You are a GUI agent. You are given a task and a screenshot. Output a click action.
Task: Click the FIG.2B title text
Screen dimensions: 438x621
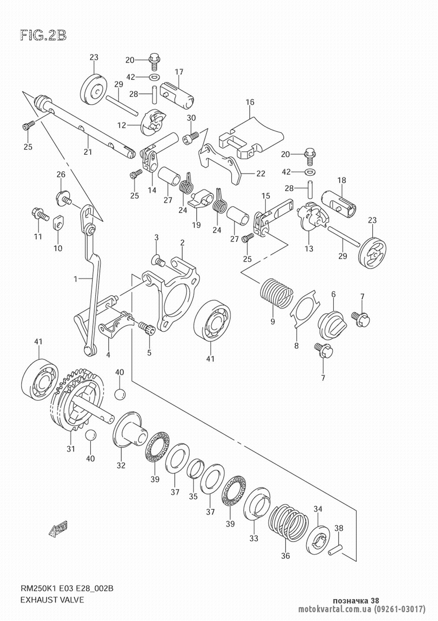coord(43,35)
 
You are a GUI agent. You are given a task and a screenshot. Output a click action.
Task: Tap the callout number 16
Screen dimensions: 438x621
coord(250,102)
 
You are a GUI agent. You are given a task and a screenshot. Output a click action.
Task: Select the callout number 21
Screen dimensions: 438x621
coord(88,152)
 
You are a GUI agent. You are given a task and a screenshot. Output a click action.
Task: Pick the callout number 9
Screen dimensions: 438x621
coord(272,322)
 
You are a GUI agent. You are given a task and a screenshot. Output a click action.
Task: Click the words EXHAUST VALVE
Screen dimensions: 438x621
coord(52,600)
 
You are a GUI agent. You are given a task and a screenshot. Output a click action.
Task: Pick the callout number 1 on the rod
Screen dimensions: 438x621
coord(75,279)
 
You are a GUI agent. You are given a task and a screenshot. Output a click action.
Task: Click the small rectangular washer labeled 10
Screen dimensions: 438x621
coord(57,222)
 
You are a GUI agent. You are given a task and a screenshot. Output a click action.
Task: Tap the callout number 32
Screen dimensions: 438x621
coord(121,465)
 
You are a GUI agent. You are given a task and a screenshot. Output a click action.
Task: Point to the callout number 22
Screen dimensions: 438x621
coord(261,174)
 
